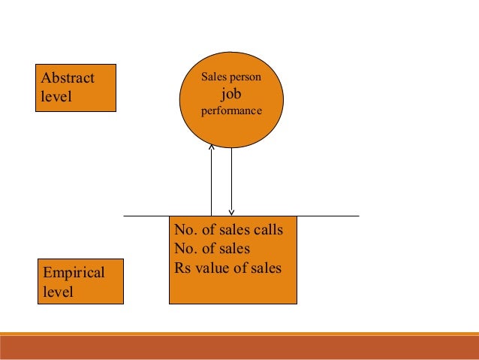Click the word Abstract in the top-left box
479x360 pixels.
click(x=68, y=78)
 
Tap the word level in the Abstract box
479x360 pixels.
click(x=55, y=97)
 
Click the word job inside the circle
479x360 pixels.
click(x=231, y=94)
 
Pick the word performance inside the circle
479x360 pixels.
click(x=231, y=111)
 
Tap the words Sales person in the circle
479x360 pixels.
click(x=231, y=77)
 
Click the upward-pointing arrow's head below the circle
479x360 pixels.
click(x=212, y=148)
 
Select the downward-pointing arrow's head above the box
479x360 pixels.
click(x=232, y=211)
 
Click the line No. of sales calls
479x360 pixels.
click(x=228, y=229)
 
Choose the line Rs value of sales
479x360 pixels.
click(x=227, y=267)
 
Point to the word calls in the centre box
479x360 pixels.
click(x=269, y=229)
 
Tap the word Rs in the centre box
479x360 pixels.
click(x=182, y=267)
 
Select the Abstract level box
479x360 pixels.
click(x=76, y=88)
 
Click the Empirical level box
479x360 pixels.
click(x=80, y=282)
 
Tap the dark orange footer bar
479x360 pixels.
click(x=239, y=347)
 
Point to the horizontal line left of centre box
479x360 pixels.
click(x=146, y=216)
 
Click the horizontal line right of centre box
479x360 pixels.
click(x=328, y=216)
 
